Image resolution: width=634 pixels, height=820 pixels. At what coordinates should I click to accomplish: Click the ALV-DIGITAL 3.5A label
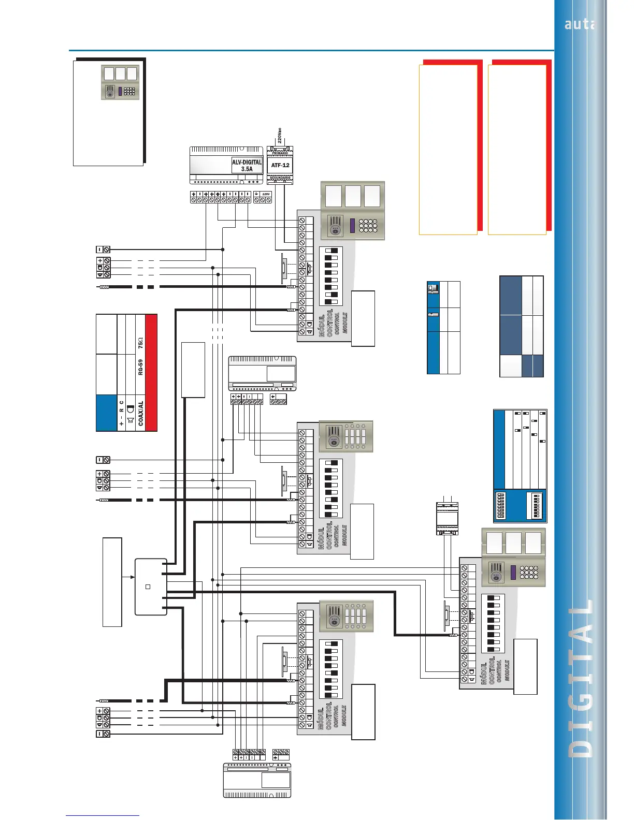coord(247,166)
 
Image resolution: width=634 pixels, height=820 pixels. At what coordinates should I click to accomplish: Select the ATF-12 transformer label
coord(280,165)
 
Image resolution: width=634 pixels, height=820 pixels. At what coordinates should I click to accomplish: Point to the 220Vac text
coord(280,136)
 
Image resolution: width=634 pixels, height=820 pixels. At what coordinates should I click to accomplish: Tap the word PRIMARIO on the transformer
coord(280,153)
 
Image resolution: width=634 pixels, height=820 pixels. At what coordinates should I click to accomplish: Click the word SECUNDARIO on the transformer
coord(280,178)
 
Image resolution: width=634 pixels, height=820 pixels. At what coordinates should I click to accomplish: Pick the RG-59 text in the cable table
coord(140,367)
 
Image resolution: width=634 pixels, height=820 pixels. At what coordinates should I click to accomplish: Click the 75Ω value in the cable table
coord(140,343)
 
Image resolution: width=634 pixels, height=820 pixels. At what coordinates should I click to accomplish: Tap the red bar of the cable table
coord(151,373)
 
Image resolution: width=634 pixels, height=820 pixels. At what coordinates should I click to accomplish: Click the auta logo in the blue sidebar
coord(579,24)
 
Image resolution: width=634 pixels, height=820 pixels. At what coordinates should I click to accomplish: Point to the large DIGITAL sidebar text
coord(580,678)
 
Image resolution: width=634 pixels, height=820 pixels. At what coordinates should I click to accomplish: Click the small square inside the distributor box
coord(148,587)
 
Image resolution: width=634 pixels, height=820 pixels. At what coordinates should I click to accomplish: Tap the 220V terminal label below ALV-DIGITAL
coord(266,194)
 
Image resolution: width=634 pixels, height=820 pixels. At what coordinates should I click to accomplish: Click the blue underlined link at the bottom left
coord(103,815)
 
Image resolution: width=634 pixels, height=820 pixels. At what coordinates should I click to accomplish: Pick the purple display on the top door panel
coord(353,226)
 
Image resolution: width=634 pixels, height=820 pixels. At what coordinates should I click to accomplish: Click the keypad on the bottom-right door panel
coord(529,572)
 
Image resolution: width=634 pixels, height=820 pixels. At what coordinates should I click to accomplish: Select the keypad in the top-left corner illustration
coord(129,92)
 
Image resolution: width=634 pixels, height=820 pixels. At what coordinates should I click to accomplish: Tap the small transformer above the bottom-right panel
coord(447,518)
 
